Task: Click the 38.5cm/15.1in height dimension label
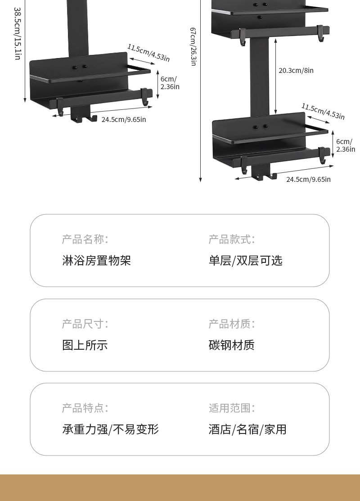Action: tap(18, 34)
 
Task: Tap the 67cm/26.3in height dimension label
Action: tap(193, 46)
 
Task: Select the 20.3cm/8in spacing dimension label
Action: tap(296, 70)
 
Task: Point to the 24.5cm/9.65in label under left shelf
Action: tap(124, 119)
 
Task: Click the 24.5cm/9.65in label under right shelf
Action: tap(308, 179)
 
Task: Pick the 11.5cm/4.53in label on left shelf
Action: tap(148, 53)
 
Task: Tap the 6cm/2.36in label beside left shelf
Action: tap(170, 83)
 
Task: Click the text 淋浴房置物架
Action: tap(96, 260)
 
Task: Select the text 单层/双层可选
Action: tap(245, 260)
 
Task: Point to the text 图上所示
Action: tap(85, 345)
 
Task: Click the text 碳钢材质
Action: tap(231, 345)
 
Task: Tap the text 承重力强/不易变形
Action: tap(110, 429)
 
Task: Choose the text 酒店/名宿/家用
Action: tap(247, 429)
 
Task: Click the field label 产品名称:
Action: tap(85, 239)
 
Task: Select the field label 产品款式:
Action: tap(231, 239)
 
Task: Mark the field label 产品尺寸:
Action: tap(85, 324)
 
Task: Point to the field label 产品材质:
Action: tap(231, 324)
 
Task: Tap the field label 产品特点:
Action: tap(85, 408)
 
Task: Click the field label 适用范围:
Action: tap(231, 408)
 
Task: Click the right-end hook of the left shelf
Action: tap(144, 97)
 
